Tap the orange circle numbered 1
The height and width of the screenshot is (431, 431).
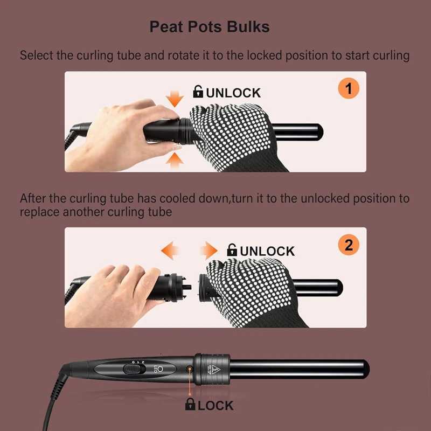coord(348,88)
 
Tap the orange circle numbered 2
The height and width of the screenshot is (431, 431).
coord(348,245)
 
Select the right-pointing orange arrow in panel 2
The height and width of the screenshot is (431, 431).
coord(208,251)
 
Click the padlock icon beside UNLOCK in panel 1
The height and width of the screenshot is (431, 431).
coord(198,92)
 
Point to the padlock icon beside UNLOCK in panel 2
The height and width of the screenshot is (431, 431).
coord(232,251)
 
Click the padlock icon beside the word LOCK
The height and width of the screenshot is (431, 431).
coord(190,405)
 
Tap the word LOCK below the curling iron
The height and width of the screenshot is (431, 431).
coord(215,406)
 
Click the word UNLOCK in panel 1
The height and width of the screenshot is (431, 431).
coord(233,93)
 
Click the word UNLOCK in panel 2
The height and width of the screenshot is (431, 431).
coord(267,251)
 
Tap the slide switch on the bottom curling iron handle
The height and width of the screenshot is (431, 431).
coord(131,370)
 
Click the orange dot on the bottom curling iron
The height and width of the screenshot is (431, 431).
coord(189,369)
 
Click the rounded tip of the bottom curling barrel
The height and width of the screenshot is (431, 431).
coord(365,369)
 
